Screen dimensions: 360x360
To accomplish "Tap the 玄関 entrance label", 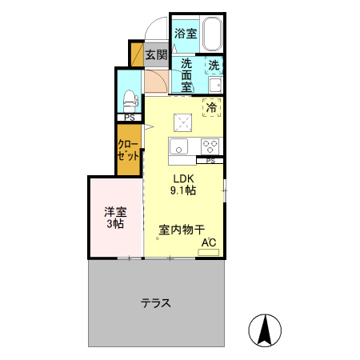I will (x=156, y=55).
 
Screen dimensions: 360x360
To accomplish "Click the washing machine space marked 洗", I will (x=214, y=66).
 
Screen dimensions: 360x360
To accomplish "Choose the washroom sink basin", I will (x=214, y=85).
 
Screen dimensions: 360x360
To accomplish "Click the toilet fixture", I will (x=130, y=101).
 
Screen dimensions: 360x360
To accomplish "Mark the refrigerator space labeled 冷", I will (x=212, y=107).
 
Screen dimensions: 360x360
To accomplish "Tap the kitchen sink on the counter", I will (x=178, y=146).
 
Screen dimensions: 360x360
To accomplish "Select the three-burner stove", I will (x=211, y=146).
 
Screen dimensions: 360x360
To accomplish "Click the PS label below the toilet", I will (x=129, y=118).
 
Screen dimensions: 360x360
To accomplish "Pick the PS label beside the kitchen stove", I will (x=210, y=161).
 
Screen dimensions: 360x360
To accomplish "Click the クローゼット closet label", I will (x=129, y=151).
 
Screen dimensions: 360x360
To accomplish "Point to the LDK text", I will (x=186, y=178).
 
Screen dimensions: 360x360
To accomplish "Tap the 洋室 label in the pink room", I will (x=115, y=212).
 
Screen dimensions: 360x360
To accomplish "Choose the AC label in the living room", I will (x=208, y=242).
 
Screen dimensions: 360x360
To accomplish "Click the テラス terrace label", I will (x=156, y=303).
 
